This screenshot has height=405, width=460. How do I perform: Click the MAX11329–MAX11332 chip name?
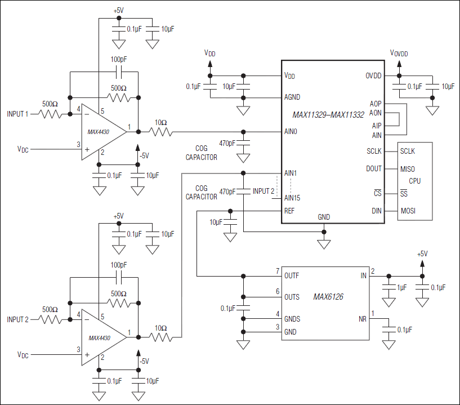[x=328, y=115]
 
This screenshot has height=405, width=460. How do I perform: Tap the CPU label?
[x=414, y=181]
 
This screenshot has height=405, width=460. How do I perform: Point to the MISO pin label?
[x=408, y=168]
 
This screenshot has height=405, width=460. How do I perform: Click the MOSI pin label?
[x=409, y=211]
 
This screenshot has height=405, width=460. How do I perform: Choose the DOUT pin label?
[x=373, y=168]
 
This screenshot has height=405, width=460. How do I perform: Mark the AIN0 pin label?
[x=291, y=132]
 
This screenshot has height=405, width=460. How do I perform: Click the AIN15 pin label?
[x=293, y=198]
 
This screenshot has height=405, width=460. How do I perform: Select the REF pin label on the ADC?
[x=289, y=211]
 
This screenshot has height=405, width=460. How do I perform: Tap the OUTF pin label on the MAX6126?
[x=292, y=276]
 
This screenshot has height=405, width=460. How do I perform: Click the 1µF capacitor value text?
[x=401, y=287]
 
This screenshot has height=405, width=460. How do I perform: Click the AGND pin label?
[x=292, y=97]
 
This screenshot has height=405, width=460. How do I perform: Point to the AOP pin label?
[x=376, y=104]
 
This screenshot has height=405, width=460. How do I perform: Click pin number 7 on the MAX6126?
[x=277, y=272]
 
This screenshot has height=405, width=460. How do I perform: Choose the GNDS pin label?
[x=292, y=319]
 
